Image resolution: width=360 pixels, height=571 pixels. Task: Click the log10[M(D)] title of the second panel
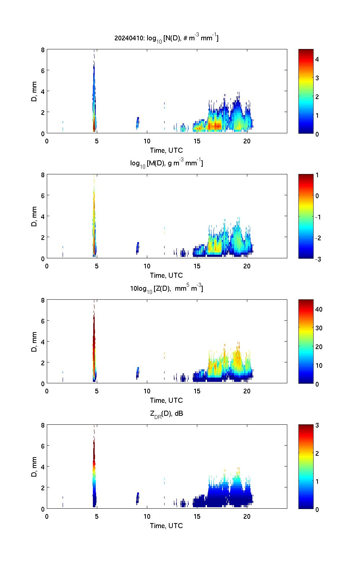click(166, 163)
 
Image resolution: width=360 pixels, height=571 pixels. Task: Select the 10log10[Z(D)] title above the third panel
click(166, 288)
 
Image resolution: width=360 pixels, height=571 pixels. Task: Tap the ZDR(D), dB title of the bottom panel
click(166, 414)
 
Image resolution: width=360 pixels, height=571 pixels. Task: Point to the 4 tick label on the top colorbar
click(317, 59)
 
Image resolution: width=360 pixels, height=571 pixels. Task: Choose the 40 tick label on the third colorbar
click(319, 309)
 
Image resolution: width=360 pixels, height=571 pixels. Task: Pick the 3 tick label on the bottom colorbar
click(317, 425)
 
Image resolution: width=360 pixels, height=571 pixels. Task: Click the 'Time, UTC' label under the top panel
click(166, 150)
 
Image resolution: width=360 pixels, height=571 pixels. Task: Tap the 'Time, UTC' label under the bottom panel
click(166, 526)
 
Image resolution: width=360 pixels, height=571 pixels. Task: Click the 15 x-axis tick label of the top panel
click(197, 141)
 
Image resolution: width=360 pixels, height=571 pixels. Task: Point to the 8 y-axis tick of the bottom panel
click(42, 425)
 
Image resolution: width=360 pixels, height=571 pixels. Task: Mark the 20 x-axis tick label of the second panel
click(247, 266)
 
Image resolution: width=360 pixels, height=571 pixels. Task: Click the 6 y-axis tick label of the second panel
click(42, 195)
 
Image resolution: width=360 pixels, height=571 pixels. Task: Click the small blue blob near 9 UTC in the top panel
click(137, 123)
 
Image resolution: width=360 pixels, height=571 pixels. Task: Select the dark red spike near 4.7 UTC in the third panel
click(94, 331)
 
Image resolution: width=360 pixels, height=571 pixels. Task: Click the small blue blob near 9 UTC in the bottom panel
click(137, 498)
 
